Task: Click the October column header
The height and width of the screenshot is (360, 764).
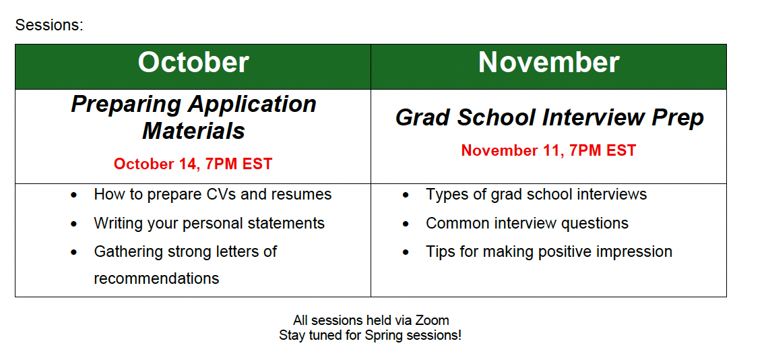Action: coord(193,63)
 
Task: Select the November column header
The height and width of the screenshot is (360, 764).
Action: coord(548,63)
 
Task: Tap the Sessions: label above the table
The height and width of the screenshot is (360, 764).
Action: coord(49,25)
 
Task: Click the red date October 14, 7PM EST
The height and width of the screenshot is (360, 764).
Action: coord(193,164)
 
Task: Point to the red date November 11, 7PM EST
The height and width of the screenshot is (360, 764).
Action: coord(548,150)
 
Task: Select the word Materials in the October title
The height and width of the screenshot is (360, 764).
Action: coord(193,131)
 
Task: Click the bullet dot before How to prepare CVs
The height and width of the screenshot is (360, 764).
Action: coord(73,195)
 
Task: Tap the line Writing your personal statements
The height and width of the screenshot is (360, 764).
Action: coord(210,223)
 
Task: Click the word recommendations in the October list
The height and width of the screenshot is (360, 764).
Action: coord(156,278)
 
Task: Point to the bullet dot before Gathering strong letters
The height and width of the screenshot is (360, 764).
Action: coord(73,253)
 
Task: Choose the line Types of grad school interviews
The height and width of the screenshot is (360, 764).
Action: coord(536,195)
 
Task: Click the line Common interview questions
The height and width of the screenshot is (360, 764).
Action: coord(528,223)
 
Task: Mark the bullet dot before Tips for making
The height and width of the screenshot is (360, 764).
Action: coord(406,253)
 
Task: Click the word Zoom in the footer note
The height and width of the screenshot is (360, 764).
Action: coord(432,320)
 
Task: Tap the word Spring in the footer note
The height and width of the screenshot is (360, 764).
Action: coord(382,336)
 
